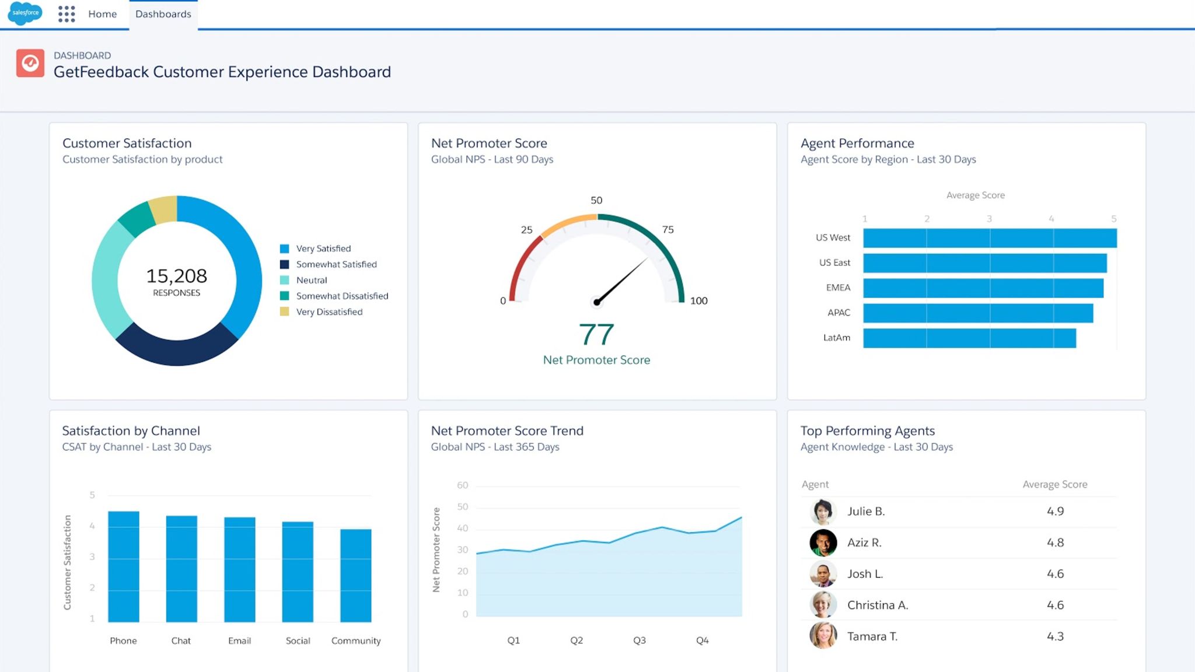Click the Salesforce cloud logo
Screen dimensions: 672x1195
[x=26, y=13]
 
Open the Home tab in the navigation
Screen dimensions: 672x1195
[x=102, y=14]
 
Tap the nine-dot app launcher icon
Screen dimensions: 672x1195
[x=67, y=14]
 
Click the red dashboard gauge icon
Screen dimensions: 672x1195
[x=30, y=63]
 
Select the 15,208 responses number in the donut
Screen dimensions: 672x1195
[x=176, y=276]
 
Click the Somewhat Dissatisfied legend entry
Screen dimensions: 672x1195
[x=341, y=296]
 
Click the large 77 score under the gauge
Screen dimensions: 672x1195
[x=596, y=335]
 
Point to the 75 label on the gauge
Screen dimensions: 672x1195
[x=668, y=230]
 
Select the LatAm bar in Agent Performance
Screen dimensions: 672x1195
[x=969, y=338]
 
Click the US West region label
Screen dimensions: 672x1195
[x=833, y=237]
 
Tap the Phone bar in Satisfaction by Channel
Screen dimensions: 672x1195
[x=124, y=566]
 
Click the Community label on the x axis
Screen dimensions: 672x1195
[x=355, y=640]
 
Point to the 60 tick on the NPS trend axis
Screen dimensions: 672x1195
[x=462, y=485]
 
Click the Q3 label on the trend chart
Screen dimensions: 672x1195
[x=639, y=640]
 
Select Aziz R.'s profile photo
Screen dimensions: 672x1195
[x=823, y=542]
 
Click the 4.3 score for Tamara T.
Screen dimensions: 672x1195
[x=1054, y=636]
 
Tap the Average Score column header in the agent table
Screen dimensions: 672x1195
[x=1054, y=484]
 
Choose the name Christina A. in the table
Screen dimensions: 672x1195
[x=877, y=605]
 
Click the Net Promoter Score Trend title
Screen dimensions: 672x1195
[x=506, y=430]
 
